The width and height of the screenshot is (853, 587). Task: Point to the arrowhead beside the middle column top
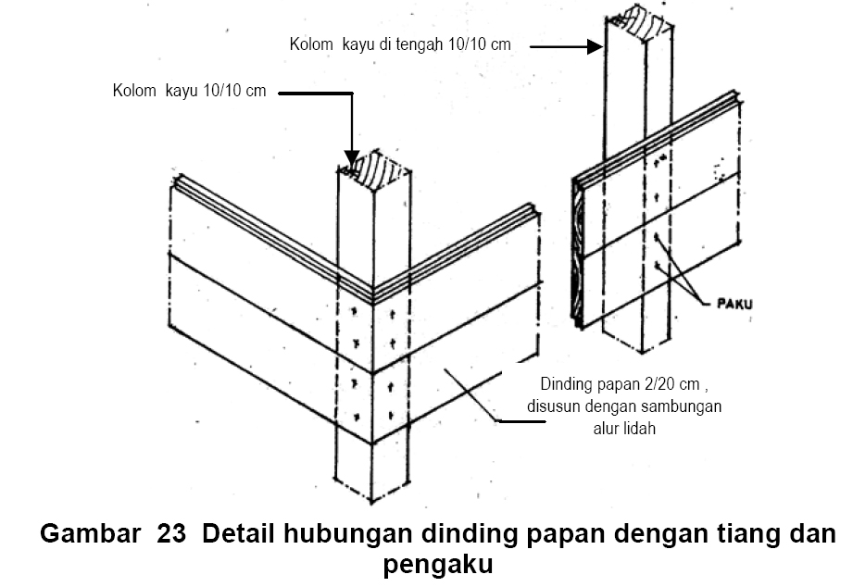pos(596,46)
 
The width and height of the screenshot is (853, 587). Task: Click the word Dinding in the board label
pos(566,385)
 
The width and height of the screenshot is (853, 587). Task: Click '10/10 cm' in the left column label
pos(236,92)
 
